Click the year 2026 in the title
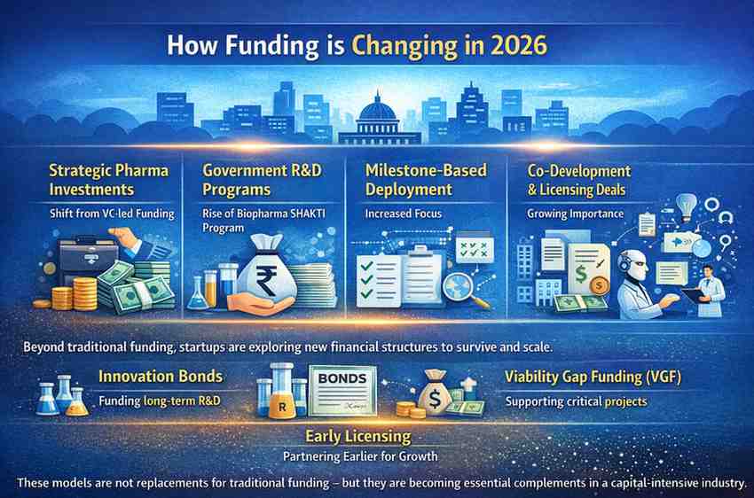520,45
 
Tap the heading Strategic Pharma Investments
109,180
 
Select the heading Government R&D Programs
262,180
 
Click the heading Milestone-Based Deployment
426,180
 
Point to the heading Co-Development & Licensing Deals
579,180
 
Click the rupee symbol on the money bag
266,281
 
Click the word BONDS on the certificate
342,378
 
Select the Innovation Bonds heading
161,376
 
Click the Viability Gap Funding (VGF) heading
593,377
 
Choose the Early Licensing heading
358,436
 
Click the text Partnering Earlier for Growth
360,455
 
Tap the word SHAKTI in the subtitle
308,214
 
